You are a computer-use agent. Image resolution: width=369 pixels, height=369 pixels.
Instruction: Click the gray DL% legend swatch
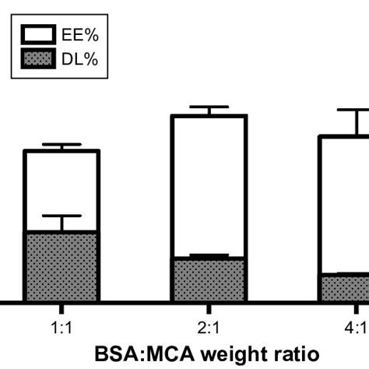click(37, 59)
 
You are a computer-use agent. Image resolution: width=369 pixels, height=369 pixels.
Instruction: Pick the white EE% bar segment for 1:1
click(61, 191)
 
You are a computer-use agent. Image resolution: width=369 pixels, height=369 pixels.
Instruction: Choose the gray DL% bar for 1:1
click(61, 266)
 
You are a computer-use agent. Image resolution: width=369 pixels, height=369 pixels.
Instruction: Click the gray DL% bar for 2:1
click(209, 279)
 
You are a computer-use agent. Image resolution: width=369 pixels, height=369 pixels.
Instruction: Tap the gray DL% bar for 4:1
click(346, 287)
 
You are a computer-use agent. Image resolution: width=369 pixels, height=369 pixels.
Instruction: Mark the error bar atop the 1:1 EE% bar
click(61, 146)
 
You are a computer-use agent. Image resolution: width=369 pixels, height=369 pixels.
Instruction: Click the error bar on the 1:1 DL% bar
click(61, 222)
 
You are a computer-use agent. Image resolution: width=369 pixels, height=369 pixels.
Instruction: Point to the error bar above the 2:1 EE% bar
click(209, 110)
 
